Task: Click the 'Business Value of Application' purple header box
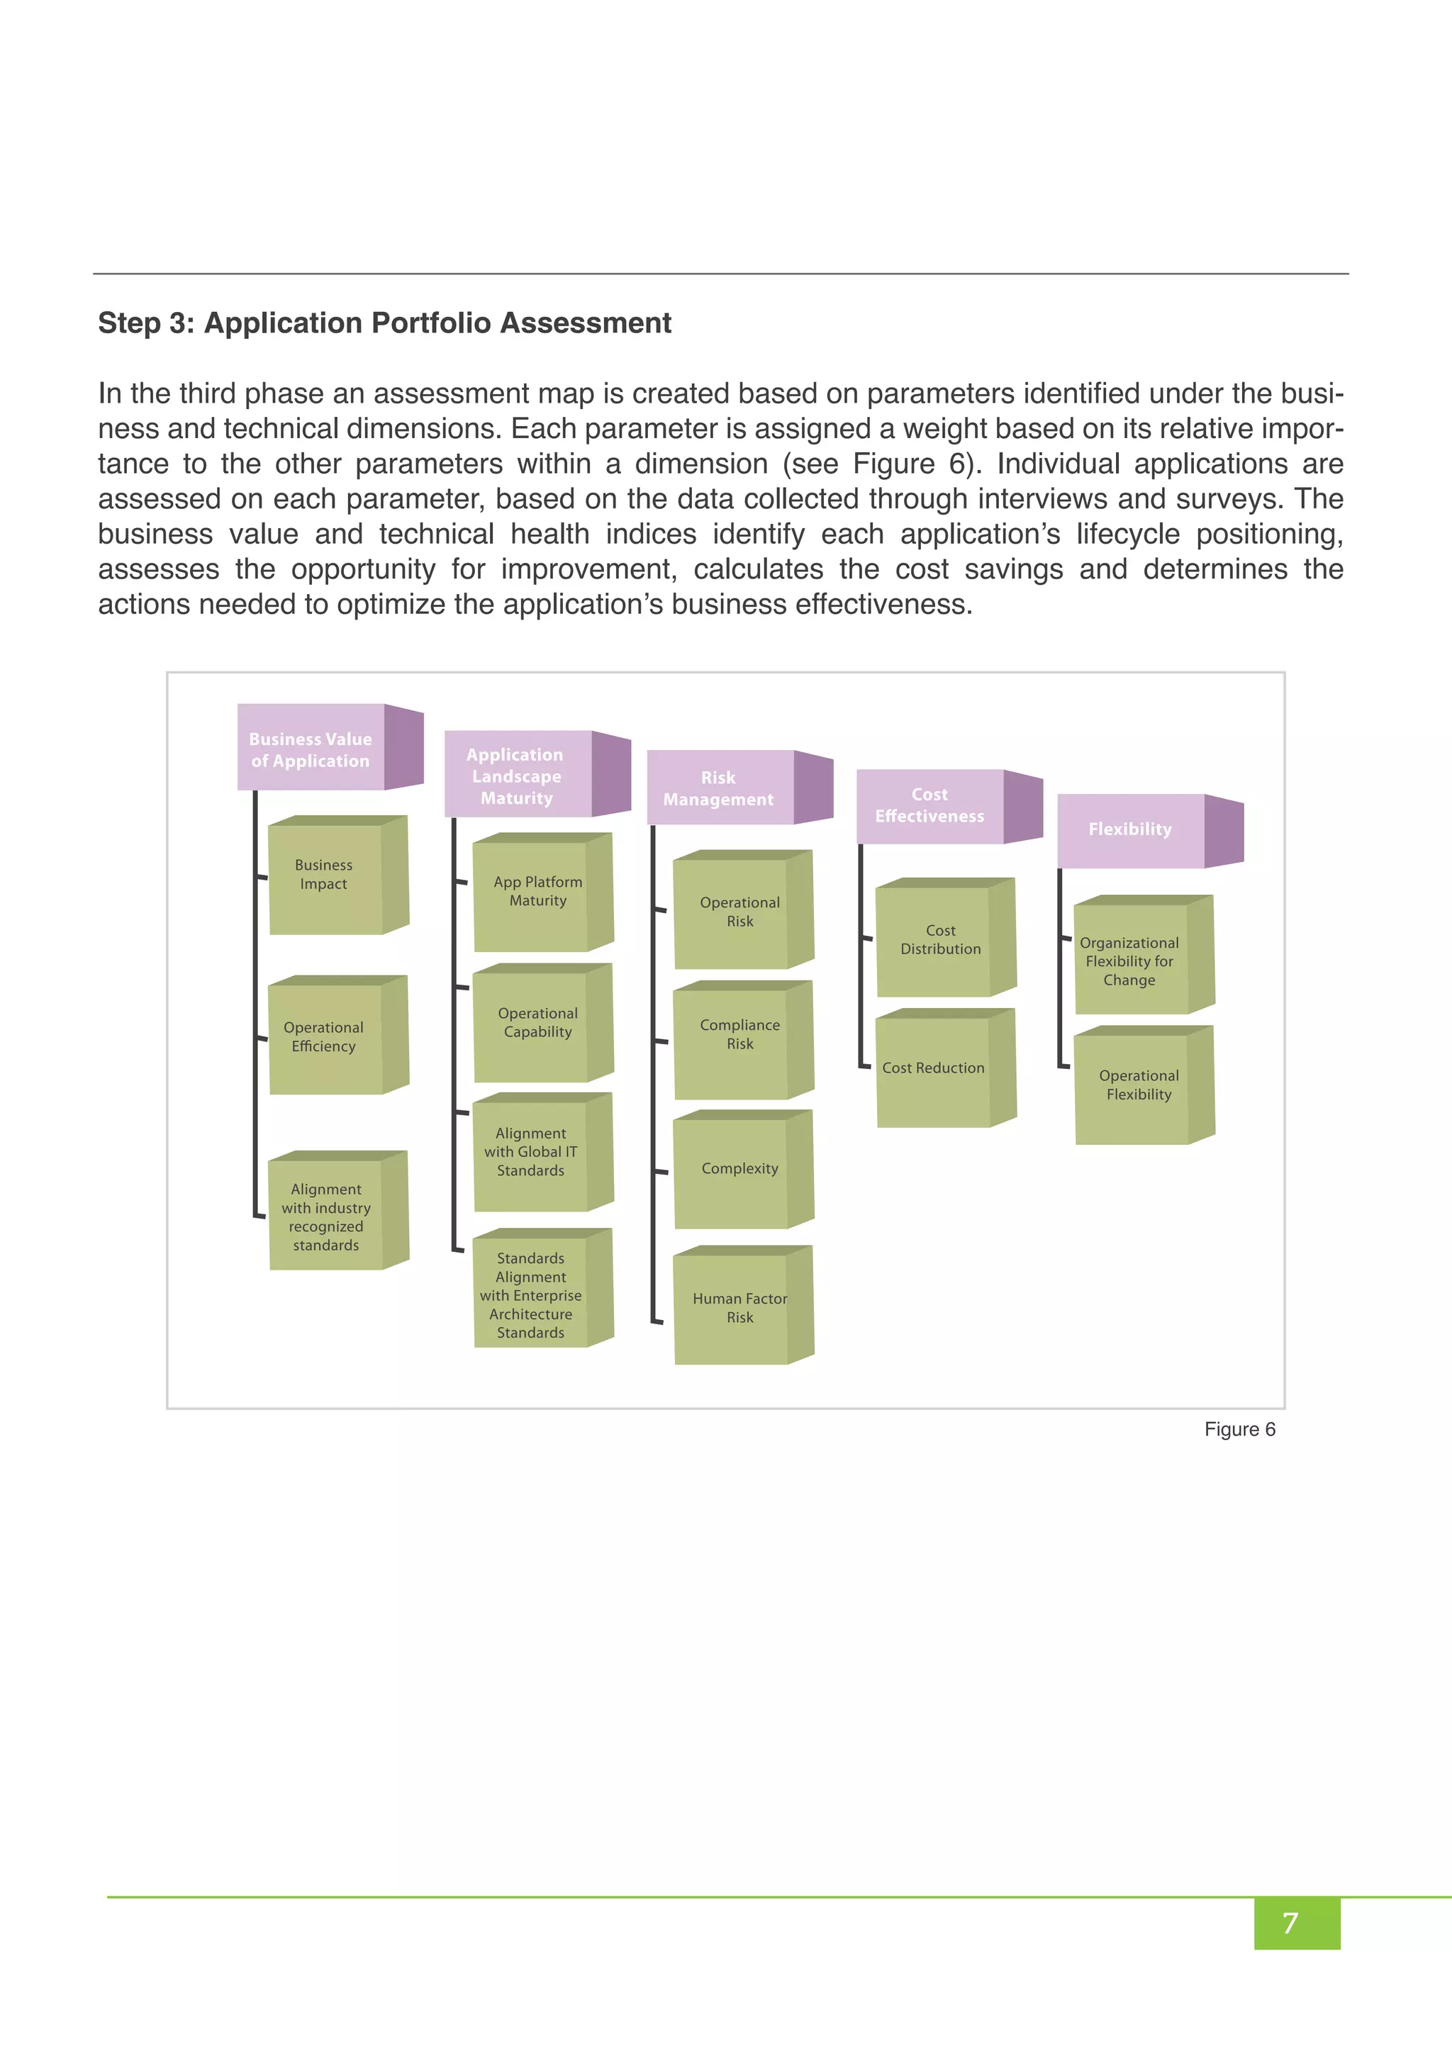pyautogui.click(x=311, y=749)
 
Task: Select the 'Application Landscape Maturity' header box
pyautogui.click(x=518, y=776)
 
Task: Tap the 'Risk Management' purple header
pyautogui.click(x=720, y=788)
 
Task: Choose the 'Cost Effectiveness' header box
pyautogui.click(x=930, y=805)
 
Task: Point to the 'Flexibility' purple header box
pyautogui.click(x=1131, y=830)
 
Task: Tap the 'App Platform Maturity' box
pyautogui.click(x=538, y=893)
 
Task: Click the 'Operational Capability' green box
pyautogui.click(x=538, y=1024)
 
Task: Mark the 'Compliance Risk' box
pyautogui.click(x=740, y=1036)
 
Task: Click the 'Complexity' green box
pyautogui.click(x=740, y=1170)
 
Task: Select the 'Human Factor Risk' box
pyautogui.click(x=740, y=1308)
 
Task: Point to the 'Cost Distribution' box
pyautogui.click(x=941, y=941)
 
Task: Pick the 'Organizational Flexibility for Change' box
pyautogui.click(x=1130, y=962)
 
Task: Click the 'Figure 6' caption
pyautogui.click(x=1239, y=1430)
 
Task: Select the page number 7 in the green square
pyautogui.click(x=1290, y=1923)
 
